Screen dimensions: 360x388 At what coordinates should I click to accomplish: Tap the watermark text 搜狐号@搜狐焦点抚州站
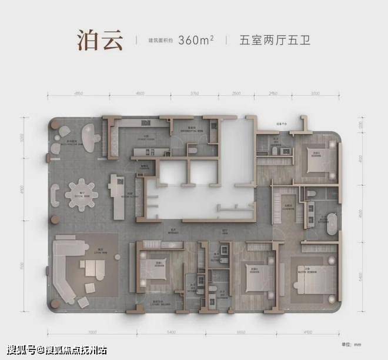[56, 351]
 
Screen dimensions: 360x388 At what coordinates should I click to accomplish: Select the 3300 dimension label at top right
[316, 94]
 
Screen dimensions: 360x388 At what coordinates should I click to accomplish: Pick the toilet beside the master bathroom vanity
[309, 194]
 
